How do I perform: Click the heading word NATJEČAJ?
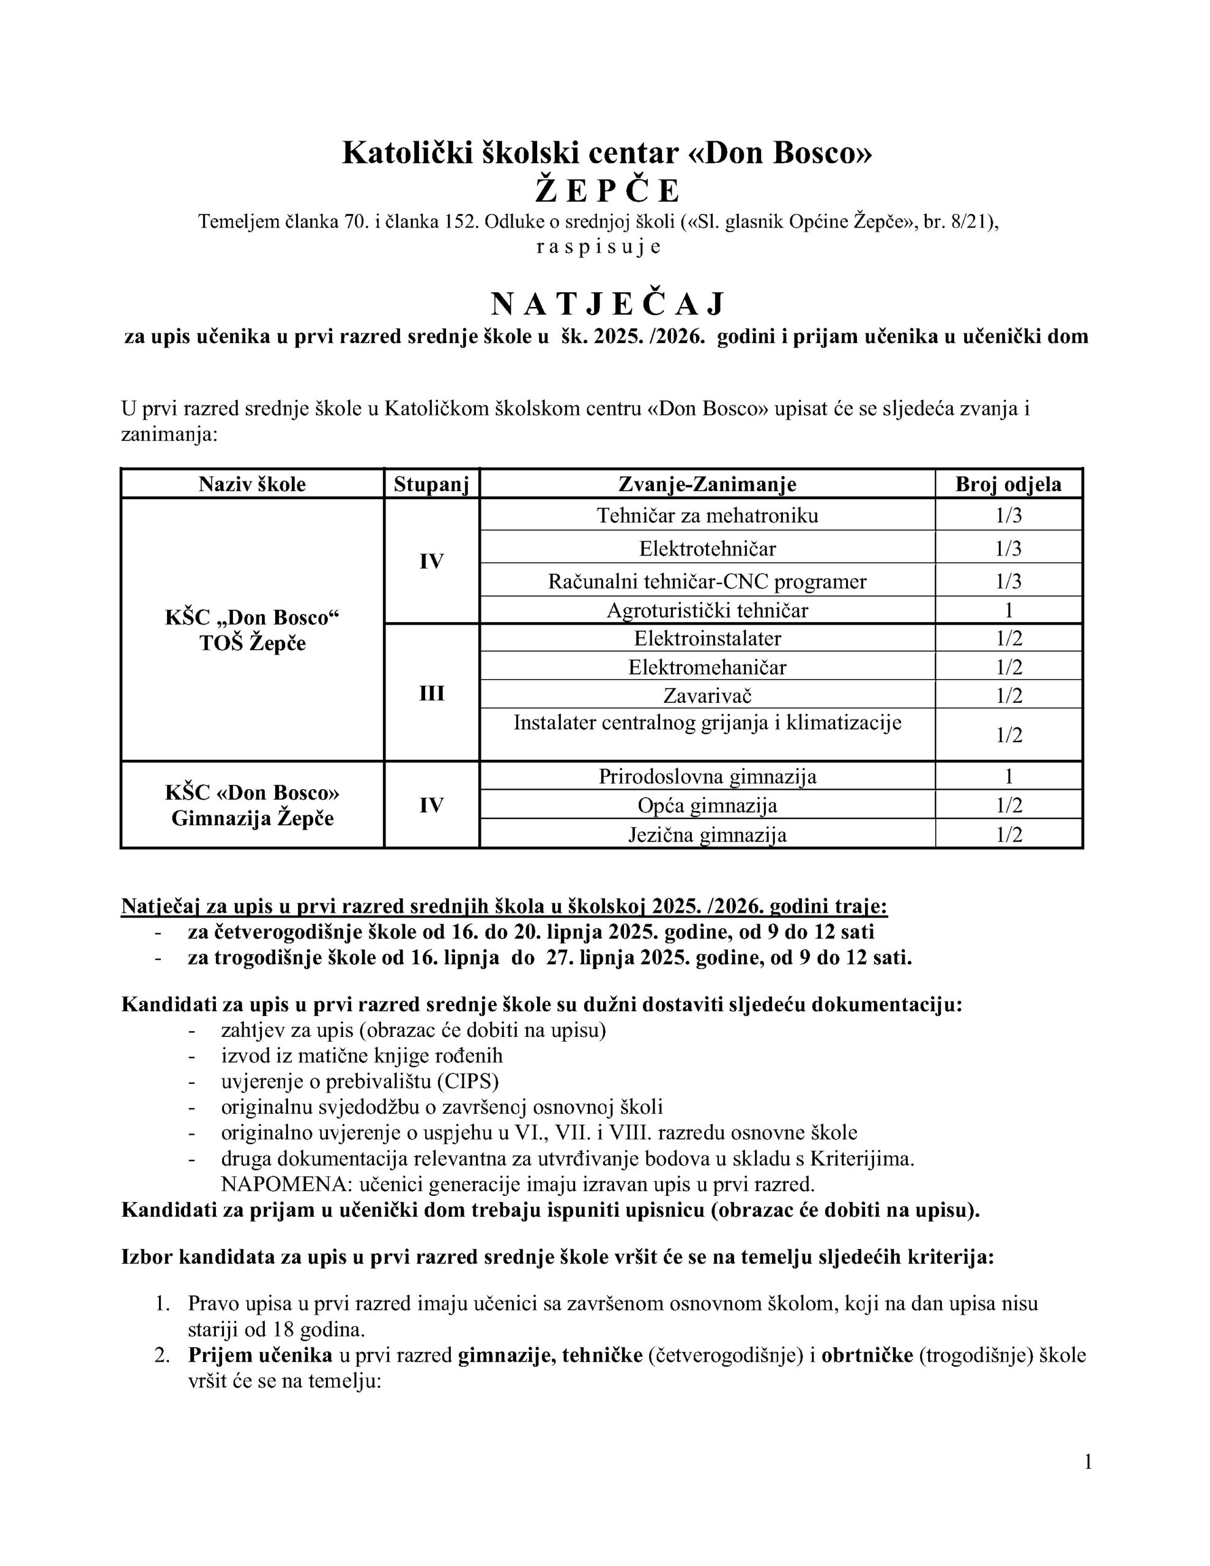607,305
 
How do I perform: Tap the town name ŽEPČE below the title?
607,191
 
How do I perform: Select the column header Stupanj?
431,484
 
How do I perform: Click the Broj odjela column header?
1008,484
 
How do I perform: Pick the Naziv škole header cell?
253,484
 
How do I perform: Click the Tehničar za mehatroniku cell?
707,516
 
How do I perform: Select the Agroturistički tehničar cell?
707,610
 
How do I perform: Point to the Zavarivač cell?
707,695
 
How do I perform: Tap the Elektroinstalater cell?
707,638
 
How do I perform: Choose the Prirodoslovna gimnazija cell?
707,776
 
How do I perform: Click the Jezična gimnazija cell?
707,834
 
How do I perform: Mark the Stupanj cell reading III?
431,693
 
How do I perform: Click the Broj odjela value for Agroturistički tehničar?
1008,610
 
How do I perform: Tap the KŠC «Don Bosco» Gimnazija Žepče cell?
253,805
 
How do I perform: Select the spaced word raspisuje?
598,247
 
